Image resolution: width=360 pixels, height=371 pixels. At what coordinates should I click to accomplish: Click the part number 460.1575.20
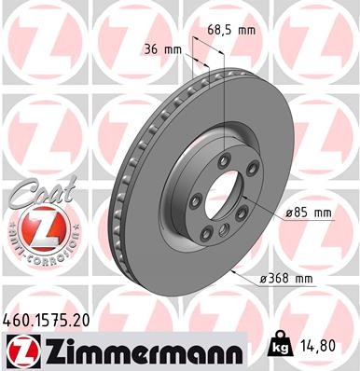pos(52,321)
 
